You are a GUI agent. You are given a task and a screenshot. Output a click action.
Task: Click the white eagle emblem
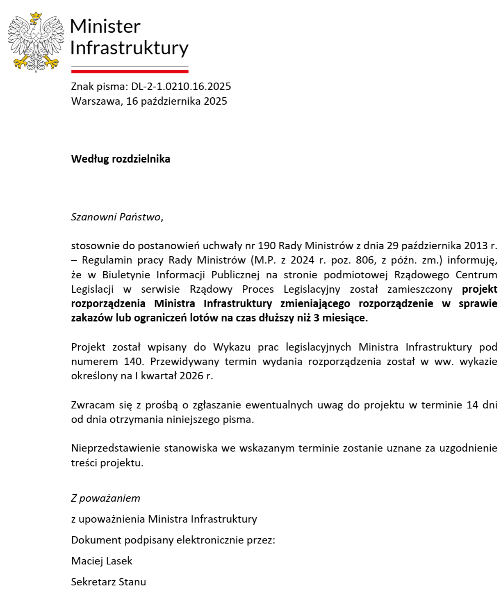pos(36,42)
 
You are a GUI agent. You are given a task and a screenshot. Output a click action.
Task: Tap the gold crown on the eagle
pos(36,16)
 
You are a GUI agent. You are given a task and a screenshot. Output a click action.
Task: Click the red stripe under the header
pos(130,71)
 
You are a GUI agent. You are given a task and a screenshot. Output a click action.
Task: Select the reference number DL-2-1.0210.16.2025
pos(181,87)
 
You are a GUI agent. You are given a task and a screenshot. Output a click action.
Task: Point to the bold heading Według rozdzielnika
pos(121,159)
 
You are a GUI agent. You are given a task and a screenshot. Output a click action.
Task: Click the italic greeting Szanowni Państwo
pos(116,217)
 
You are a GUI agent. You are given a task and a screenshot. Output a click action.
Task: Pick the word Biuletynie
pos(126,275)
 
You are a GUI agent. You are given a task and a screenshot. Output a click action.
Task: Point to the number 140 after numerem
pos(133,362)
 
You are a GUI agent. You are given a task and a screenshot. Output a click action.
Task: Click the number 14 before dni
pos(472,405)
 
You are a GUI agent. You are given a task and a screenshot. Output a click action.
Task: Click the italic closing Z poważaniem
pos(106,498)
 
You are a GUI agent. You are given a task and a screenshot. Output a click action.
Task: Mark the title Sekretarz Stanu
pos(109,582)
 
